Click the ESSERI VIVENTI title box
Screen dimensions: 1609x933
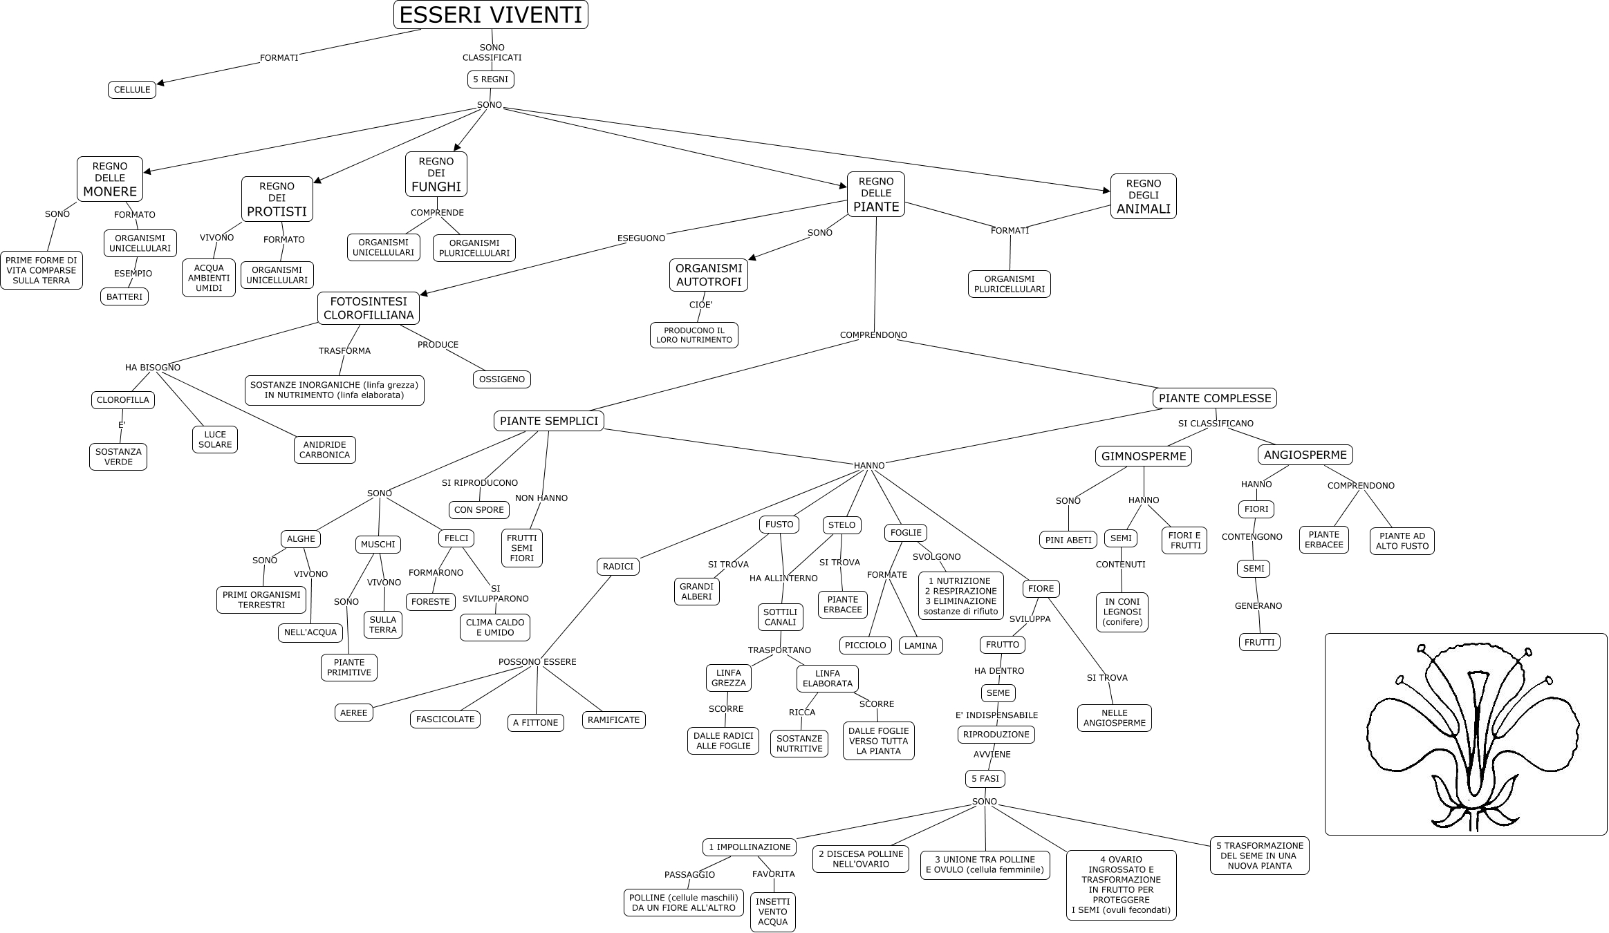(x=491, y=15)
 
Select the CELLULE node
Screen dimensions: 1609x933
(x=132, y=90)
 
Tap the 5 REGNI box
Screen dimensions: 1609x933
(x=491, y=79)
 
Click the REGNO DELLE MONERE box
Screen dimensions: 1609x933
(x=110, y=178)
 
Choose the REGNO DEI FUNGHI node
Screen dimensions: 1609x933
(x=436, y=173)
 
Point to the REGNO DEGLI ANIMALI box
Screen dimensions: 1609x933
(x=1144, y=196)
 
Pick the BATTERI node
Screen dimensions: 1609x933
(x=124, y=297)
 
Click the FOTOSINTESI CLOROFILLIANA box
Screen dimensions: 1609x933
(x=369, y=308)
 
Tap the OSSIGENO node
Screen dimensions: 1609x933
(x=502, y=379)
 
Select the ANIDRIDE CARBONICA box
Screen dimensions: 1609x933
(x=325, y=450)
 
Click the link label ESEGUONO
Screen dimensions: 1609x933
(x=641, y=238)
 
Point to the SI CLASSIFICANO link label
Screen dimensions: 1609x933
(x=1216, y=424)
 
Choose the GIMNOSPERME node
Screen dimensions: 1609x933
(x=1144, y=456)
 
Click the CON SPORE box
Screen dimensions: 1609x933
(x=479, y=510)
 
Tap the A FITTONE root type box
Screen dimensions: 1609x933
(x=536, y=723)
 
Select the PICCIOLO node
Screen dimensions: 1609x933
(x=866, y=645)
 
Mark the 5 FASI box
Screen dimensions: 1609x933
(x=985, y=779)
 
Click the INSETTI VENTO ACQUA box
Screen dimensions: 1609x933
(x=773, y=912)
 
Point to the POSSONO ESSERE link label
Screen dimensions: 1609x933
(x=537, y=662)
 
